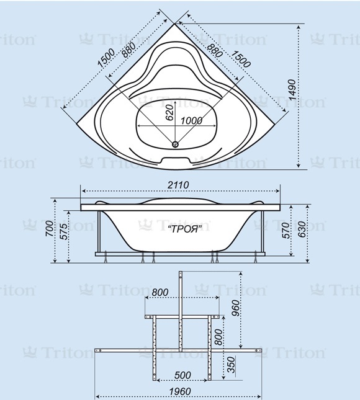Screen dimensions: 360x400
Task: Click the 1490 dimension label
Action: click(292, 89)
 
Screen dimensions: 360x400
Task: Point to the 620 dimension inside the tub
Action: click(169, 112)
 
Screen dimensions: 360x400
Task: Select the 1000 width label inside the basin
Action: click(192, 121)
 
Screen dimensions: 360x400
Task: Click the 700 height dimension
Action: click(50, 229)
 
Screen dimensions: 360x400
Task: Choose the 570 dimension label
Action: click(286, 231)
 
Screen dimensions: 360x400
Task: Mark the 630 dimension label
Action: click(302, 229)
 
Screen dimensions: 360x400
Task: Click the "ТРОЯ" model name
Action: click(185, 229)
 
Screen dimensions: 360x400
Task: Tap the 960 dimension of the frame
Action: click(236, 308)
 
